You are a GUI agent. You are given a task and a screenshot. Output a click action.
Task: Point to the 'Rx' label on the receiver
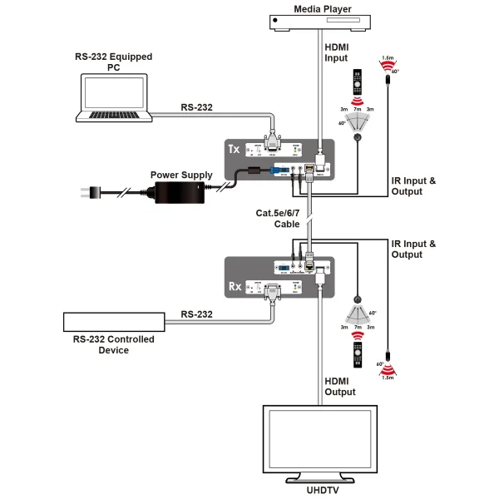235,288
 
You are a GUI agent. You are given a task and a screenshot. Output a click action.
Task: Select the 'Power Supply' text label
180,175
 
